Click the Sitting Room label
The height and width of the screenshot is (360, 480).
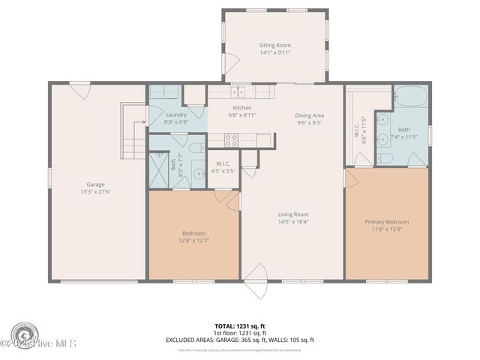tap(274, 45)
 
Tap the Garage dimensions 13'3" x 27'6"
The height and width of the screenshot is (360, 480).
tap(95, 191)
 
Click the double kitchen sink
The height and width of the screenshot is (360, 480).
tap(238, 92)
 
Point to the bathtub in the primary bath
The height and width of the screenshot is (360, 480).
tap(410, 98)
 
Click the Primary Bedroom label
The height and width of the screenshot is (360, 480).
tap(386, 222)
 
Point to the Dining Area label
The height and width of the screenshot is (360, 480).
tap(310, 115)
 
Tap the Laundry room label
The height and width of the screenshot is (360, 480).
tap(176, 114)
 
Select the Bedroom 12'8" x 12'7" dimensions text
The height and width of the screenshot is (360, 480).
tap(193, 240)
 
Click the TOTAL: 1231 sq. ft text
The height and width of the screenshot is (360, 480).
tap(240, 326)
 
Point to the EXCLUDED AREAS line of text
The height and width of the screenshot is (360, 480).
tap(240, 340)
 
